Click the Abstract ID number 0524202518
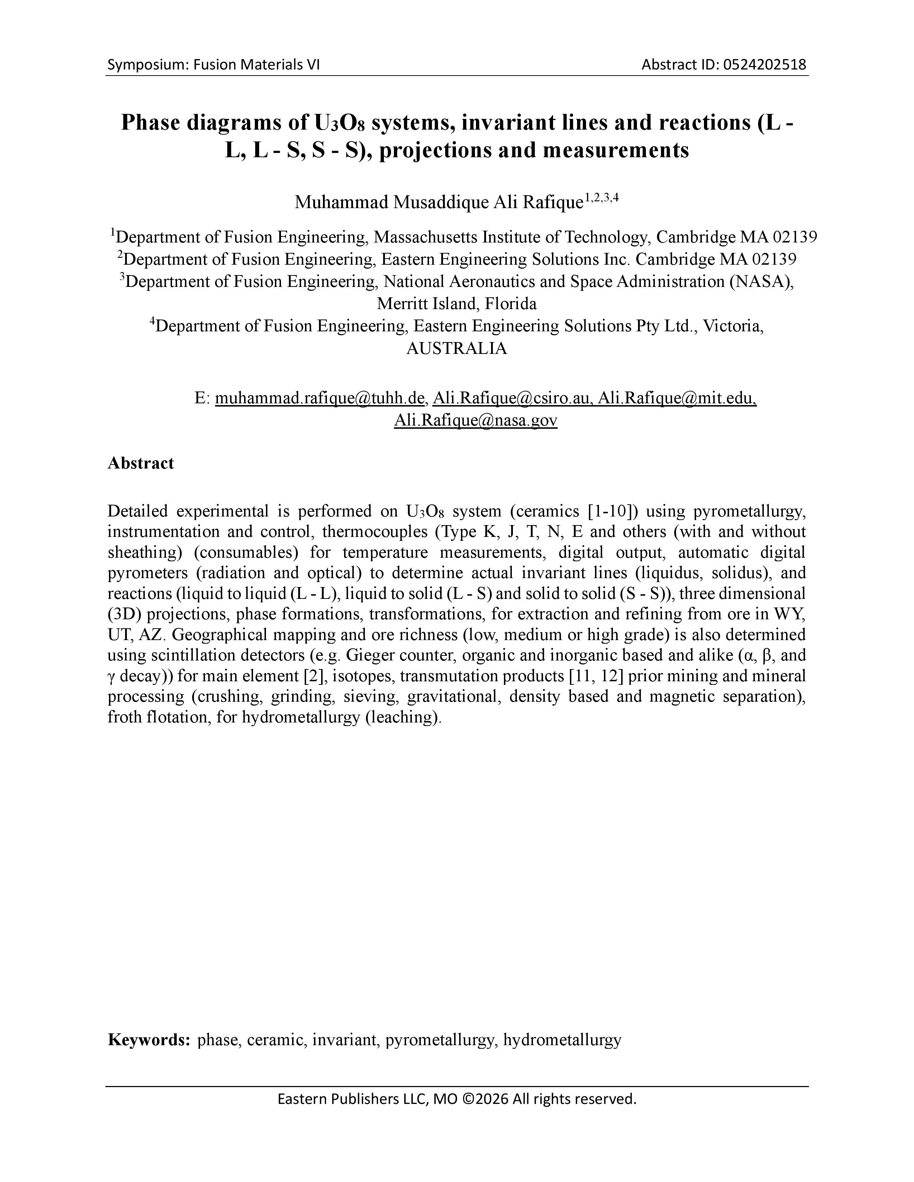point(762,65)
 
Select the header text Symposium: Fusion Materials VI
point(213,65)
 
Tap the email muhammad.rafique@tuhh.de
point(319,398)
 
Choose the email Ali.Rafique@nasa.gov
point(475,421)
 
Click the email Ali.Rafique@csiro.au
point(511,398)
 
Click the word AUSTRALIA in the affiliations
point(456,349)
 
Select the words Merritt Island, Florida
point(456,304)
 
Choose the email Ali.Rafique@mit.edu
point(677,398)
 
